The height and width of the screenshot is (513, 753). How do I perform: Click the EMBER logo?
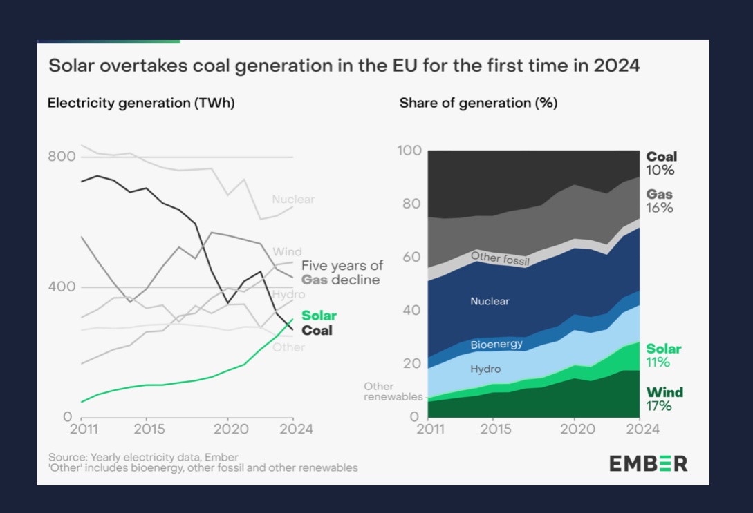pyautogui.click(x=648, y=463)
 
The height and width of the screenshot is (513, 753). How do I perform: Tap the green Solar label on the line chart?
pyautogui.click(x=319, y=316)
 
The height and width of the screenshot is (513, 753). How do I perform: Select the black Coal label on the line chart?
pyautogui.click(x=317, y=331)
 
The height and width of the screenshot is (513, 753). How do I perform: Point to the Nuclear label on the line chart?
pyautogui.click(x=293, y=200)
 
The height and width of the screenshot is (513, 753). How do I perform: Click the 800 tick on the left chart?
pyautogui.click(x=61, y=157)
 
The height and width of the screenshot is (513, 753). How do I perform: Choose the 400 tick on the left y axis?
pyautogui.click(x=61, y=287)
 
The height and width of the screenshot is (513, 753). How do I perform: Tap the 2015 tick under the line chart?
pyautogui.click(x=149, y=429)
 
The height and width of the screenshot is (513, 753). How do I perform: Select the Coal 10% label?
pyautogui.click(x=661, y=164)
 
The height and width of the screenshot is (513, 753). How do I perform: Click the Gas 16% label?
pyautogui.click(x=660, y=201)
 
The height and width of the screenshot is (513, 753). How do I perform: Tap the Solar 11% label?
pyautogui.click(x=663, y=356)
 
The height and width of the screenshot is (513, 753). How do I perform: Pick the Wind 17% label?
pyautogui.click(x=664, y=399)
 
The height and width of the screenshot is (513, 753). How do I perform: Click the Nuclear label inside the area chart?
pyautogui.click(x=490, y=302)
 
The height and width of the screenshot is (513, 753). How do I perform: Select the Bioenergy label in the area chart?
pyautogui.click(x=496, y=344)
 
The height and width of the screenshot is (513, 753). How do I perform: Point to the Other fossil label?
pyautogui.click(x=499, y=258)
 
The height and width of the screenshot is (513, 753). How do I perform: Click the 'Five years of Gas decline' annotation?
pyautogui.click(x=342, y=273)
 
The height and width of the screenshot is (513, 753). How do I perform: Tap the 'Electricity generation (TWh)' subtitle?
pyautogui.click(x=141, y=104)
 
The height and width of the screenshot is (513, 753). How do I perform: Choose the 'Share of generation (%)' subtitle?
pyautogui.click(x=478, y=104)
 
